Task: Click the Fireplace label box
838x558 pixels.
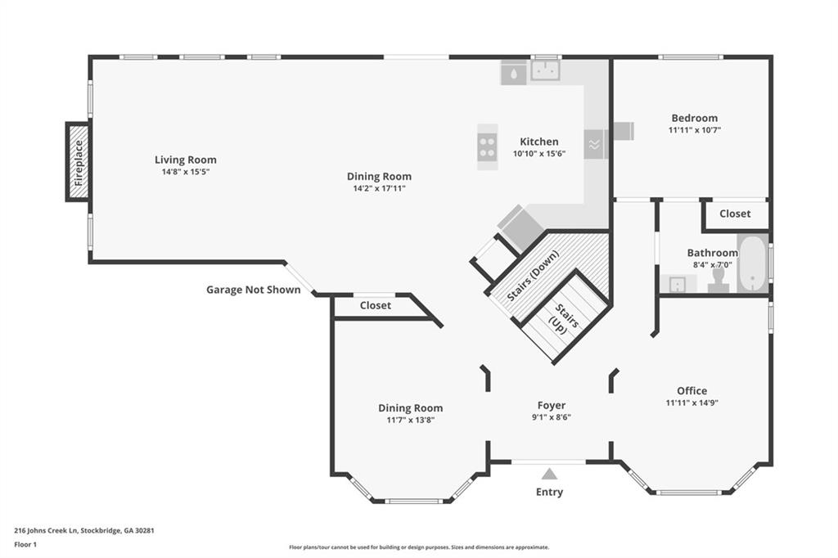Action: click(x=79, y=162)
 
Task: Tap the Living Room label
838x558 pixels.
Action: click(x=186, y=160)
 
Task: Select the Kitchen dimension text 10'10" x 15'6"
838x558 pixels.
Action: click(x=538, y=154)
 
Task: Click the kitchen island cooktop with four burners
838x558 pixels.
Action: click(x=488, y=146)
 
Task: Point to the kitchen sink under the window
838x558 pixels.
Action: click(x=545, y=72)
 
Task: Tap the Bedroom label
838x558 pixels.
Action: click(x=694, y=118)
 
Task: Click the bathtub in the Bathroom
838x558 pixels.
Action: click(x=752, y=264)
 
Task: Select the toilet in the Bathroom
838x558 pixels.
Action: click(x=719, y=279)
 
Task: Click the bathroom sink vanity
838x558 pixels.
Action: click(x=678, y=284)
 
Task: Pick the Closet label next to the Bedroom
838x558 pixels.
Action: click(x=734, y=214)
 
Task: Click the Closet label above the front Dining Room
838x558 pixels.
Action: click(x=375, y=305)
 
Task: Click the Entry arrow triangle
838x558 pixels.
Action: click(x=549, y=474)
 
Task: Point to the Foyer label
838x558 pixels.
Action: click(x=551, y=405)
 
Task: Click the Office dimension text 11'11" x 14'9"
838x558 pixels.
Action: click(x=692, y=403)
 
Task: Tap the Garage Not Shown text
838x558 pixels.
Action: click(x=253, y=290)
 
